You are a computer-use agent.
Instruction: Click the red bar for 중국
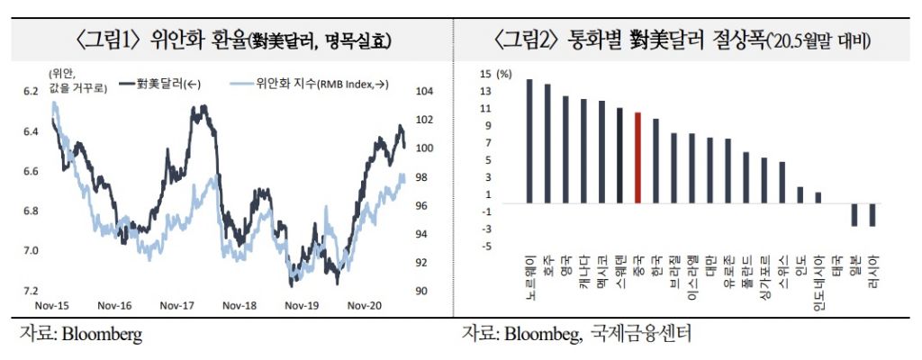[637, 157]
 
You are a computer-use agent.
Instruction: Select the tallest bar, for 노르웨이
[529, 141]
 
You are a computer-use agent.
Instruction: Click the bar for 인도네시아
[818, 198]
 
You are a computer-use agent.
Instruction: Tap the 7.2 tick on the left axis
[31, 291]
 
